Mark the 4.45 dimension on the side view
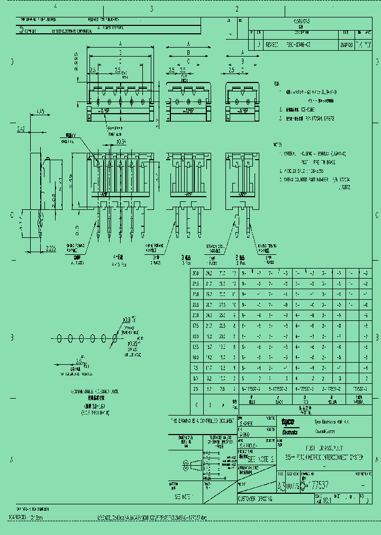[x=40, y=111]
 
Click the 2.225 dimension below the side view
[x=50, y=247]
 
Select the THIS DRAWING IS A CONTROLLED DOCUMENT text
[x=201, y=421]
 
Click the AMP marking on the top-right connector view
[x=241, y=112]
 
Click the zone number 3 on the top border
[x=151, y=9]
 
